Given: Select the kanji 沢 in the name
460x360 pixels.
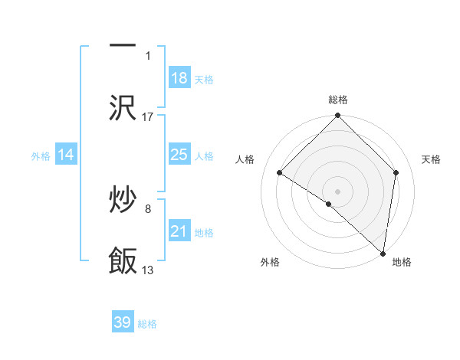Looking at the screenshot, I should click(123, 109).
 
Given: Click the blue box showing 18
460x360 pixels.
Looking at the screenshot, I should click(179, 78).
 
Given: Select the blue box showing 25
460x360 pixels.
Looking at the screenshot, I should click(179, 155).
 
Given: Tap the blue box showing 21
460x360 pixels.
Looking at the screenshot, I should click(179, 231).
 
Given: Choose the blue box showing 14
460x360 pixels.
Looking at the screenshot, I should click(66, 155).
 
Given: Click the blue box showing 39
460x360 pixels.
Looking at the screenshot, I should click(123, 322).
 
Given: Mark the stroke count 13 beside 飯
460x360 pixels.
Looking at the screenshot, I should click(148, 270).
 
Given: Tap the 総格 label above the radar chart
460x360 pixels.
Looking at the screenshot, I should click(338, 100).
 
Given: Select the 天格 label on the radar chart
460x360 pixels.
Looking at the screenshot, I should click(432, 159).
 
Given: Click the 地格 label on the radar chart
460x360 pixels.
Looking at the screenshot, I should click(402, 262).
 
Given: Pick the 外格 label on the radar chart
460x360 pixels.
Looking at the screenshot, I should click(270, 262).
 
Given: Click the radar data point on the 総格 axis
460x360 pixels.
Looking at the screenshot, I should click(337, 116).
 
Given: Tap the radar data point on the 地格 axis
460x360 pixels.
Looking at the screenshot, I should click(383, 254).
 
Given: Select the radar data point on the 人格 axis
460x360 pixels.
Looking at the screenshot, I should click(280, 173).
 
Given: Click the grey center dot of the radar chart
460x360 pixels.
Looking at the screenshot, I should click(337, 191).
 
